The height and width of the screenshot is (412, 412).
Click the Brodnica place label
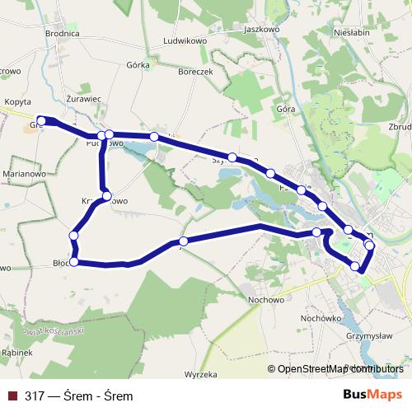pyautogui.click(x=62, y=33)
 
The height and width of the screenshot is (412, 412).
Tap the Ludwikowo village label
pyautogui.click(x=185, y=40)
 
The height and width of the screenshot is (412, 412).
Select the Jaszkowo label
pyautogui.click(x=263, y=28)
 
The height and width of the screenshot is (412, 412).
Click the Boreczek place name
pyautogui.click(x=195, y=72)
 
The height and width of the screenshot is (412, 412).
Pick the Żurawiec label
pyautogui.click(x=82, y=98)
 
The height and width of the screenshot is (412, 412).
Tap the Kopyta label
pyautogui.click(x=17, y=101)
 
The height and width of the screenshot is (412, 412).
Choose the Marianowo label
pyautogui.click(x=24, y=174)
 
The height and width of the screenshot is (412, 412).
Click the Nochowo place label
pyautogui.click(x=265, y=300)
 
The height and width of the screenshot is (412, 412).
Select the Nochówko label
pyautogui.click(x=321, y=317)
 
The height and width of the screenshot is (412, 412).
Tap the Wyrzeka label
pyautogui.click(x=200, y=373)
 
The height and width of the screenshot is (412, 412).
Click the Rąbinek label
pyautogui.click(x=16, y=353)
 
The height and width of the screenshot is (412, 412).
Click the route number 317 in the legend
pyautogui.click(x=35, y=396)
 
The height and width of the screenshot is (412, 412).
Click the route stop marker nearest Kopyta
pyautogui.click(x=41, y=121)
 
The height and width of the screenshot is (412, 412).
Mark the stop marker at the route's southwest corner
pyautogui.click(x=74, y=262)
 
